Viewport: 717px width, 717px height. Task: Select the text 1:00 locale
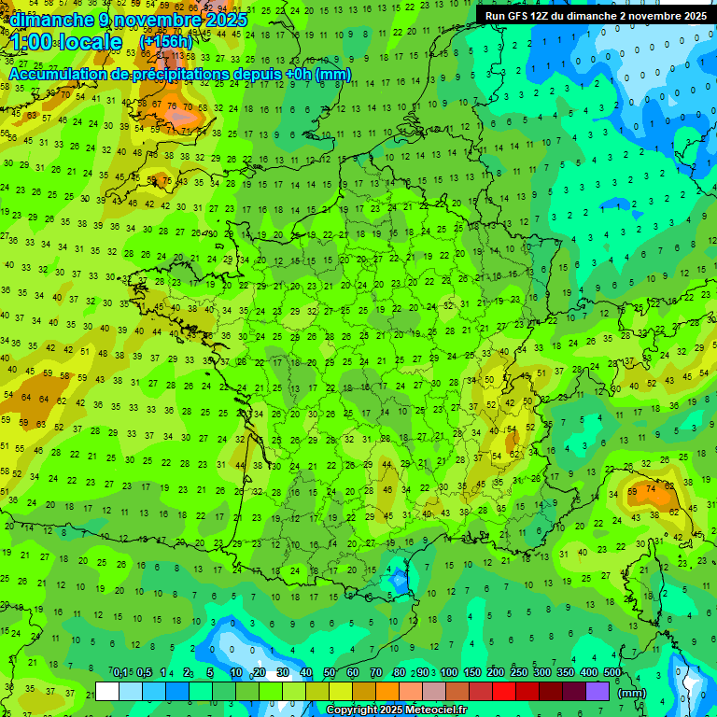(66, 42)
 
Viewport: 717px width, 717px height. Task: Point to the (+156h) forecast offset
(166, 42)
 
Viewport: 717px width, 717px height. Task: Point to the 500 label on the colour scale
(612, 673)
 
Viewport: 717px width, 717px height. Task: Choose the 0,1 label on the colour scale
(120, 673)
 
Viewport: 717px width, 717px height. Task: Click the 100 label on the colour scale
(449, 673)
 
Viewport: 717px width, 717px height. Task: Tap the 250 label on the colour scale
(519, 673)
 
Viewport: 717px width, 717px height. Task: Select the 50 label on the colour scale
(330, 673)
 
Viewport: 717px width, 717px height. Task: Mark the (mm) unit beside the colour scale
(632, 692)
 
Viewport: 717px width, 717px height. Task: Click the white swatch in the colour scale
(107, 691)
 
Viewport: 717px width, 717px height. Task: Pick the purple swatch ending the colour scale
(597, 691)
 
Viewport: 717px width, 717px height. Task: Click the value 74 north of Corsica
(652, 487)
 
